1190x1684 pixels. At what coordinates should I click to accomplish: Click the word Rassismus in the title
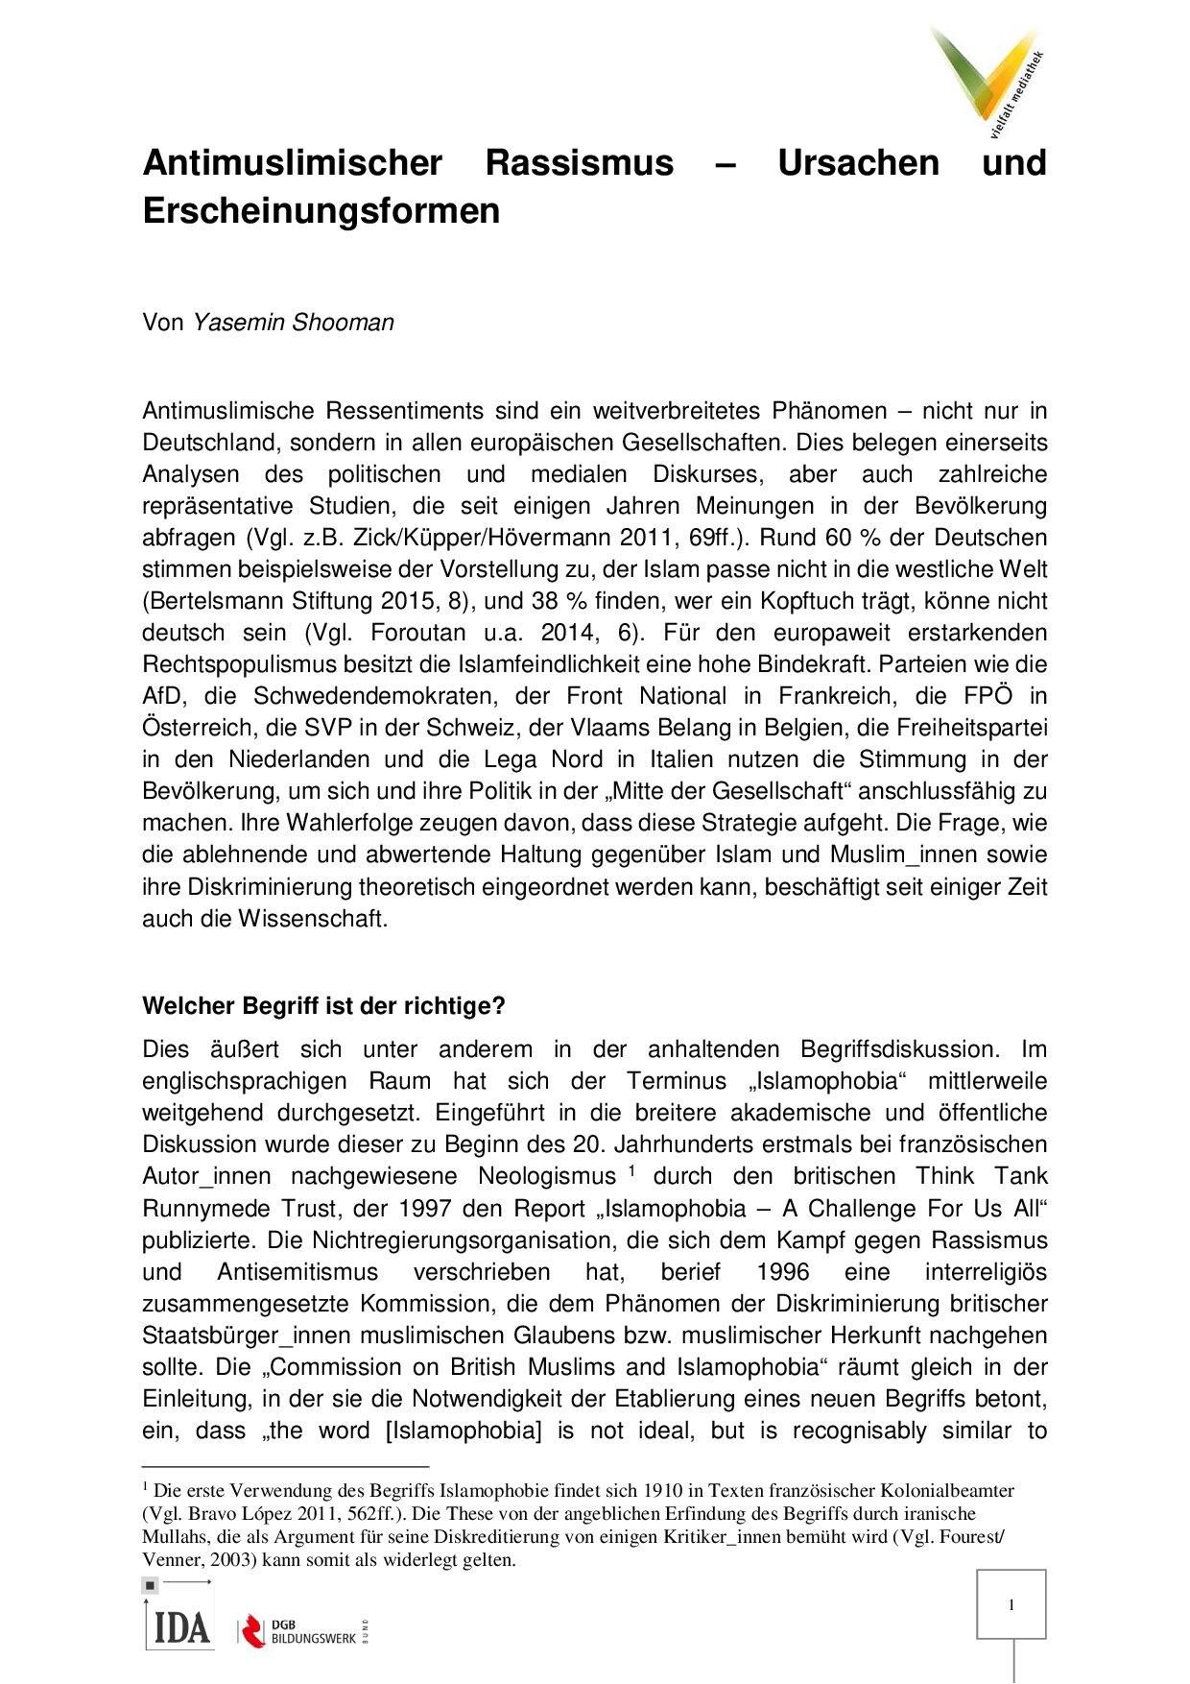click(579, 162)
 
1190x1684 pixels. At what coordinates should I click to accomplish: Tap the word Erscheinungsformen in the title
click(321, 210)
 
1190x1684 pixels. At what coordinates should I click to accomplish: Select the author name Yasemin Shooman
click(294, 323)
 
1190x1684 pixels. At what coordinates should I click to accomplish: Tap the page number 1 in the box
click(1011, 1604)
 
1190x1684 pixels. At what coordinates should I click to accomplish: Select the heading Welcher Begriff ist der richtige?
click(323, 1006)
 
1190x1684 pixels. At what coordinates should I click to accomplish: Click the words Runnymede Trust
click(233, 1208)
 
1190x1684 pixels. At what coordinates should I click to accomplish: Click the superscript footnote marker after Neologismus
click(632, 1169)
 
